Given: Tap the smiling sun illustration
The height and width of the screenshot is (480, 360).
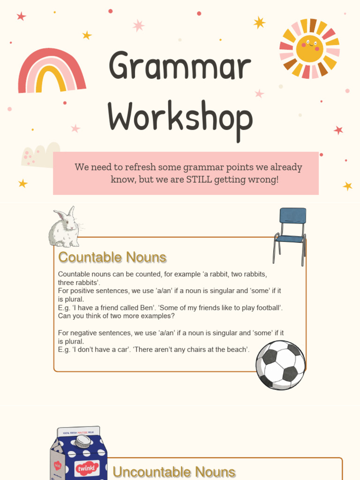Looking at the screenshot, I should coord(309,48).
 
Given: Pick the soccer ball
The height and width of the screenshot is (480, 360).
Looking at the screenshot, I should coord(280,365).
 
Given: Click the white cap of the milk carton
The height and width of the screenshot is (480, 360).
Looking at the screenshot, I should coord(83,441).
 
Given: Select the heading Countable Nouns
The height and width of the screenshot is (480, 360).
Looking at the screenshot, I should coord(112,257).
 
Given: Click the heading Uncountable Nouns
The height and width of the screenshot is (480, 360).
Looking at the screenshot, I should coord(174,472).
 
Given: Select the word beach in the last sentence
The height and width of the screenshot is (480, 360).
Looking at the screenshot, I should coord(238,349).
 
